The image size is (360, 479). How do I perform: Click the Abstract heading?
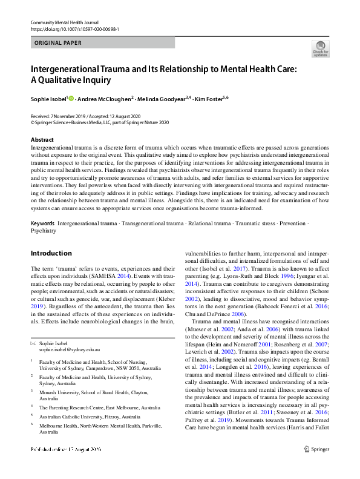(x=42, y=140)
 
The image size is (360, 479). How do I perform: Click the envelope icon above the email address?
(x=33, y=343)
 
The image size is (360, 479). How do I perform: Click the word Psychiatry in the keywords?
(x=44, y=231)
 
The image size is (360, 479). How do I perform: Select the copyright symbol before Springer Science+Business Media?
(x=33, y=122)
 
